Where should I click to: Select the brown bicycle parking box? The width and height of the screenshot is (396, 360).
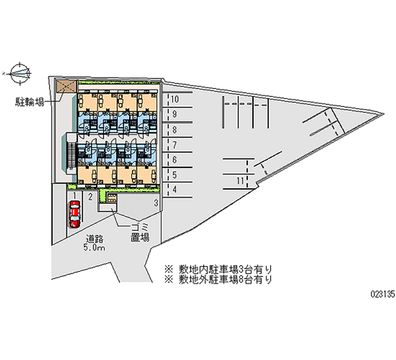65,86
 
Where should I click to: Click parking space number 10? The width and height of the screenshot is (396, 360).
174,100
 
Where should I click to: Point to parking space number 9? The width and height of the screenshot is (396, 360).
174,114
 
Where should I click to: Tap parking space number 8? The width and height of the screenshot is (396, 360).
174,130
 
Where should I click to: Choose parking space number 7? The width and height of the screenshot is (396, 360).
174,145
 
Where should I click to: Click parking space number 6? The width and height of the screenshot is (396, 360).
174,160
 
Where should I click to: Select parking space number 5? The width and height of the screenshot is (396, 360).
174,174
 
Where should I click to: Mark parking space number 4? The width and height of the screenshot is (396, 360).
174,189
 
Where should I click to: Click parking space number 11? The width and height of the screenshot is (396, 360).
240,181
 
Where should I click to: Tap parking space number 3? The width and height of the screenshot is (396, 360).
155,203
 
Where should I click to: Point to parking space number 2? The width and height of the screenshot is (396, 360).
90,197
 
